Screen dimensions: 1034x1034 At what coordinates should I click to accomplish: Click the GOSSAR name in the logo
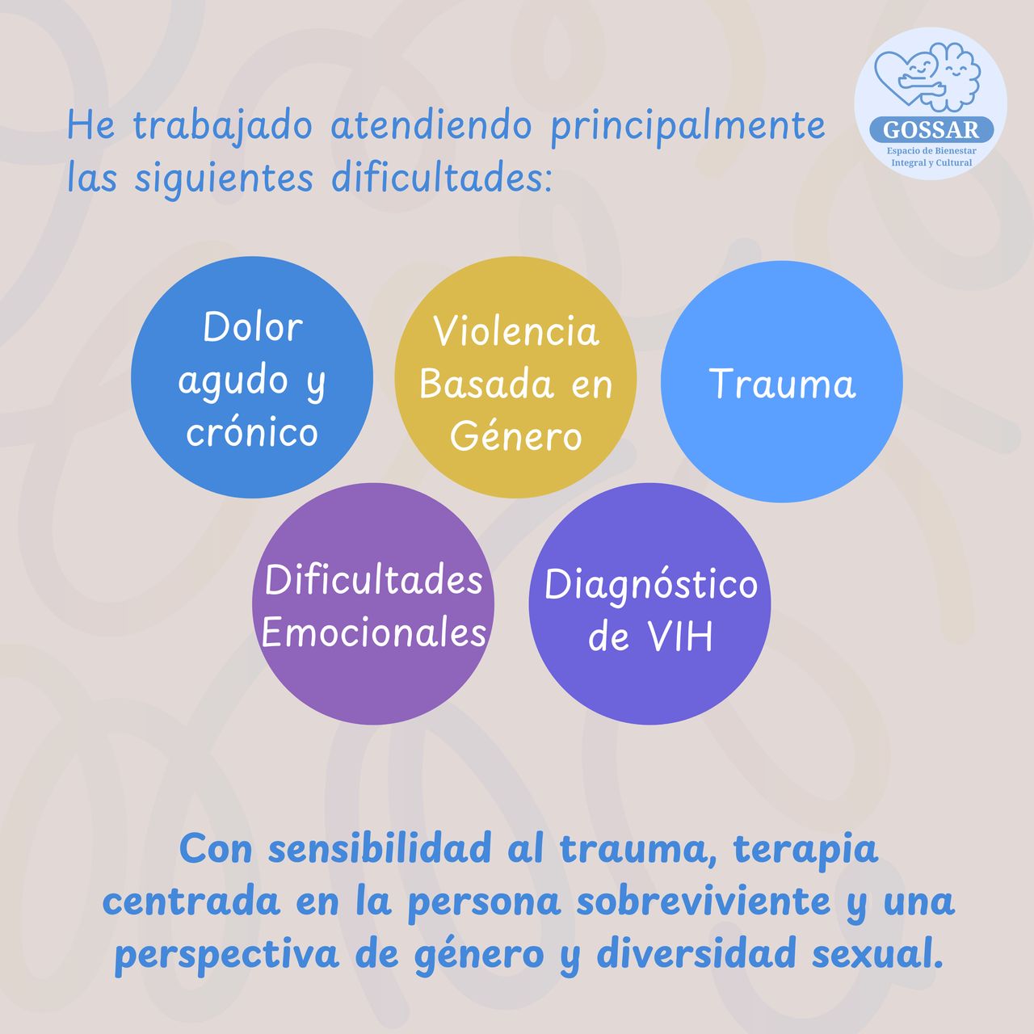click(x=931, y=130)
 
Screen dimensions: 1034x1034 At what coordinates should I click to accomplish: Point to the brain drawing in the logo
click(x=956, y=76)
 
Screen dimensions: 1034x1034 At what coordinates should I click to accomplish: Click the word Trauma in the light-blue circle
click(x=782, y=384)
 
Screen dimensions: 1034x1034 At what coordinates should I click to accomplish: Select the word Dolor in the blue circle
click(x=253, y=327)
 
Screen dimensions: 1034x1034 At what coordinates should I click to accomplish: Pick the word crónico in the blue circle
click(x=252, y=432)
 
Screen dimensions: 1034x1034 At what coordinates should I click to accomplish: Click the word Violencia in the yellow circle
click(x=515, y=331)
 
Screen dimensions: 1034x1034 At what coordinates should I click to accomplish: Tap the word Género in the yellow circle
click(x=515, y=435)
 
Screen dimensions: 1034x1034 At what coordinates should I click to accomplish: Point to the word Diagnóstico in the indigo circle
click(x=651, y=585)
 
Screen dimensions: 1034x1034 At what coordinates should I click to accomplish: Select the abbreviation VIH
click(x=680, y=637)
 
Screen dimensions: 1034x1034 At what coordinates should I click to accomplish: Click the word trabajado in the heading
click(x=223, y=127)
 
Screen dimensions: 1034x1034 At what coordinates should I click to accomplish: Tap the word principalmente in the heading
click(x=688, y=127)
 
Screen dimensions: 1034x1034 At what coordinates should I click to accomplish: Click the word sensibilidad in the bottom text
click(x=380, y=849)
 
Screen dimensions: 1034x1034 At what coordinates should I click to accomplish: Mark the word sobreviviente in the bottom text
click(x=703, y=902)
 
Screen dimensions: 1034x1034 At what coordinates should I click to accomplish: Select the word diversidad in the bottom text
click(x=696, y=954)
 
